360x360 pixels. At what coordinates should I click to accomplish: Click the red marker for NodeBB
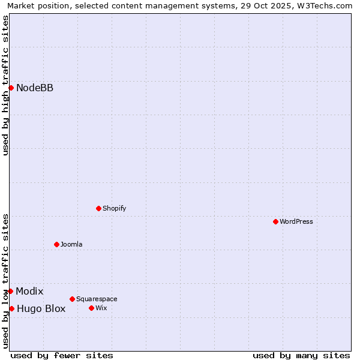pyautogui.click(x=11, y=88)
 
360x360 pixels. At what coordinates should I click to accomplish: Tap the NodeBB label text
pyautogui.click(x=35, y=88)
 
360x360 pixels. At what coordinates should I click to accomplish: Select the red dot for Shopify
pyautogui.click(x=98, y=208)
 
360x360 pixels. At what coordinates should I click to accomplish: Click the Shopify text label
pyautogui.click(x=114, y=209)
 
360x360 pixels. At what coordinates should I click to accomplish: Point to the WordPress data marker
pyautogui.click(x=275, y=221)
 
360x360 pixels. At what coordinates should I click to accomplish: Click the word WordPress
pyautogui.click(x=296, y=222)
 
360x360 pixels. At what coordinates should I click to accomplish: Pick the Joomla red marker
pyautogui.click(x=56, y=244)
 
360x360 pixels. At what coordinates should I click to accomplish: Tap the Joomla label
pyautogui.click(x=71, y=245)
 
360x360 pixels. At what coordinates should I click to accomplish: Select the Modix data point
pyautogui.click(x=10, y=291)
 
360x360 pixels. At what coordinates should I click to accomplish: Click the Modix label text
pyautogui.click(x=29, y=292)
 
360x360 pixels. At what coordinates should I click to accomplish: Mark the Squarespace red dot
pyautogui.click(x=72, y=299)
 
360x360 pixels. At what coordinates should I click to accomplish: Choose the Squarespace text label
pyautogui.click(x=97, y=299)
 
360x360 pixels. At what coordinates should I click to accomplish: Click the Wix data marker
pyautogui.click(x=91, y=308)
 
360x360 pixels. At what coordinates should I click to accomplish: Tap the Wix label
pyautogui.click(x=101, y=308)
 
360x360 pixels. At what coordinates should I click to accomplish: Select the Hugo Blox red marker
pyautogui.click(x=11, y=308)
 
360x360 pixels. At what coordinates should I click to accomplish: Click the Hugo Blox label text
pyautogui.click(x=41, y=309)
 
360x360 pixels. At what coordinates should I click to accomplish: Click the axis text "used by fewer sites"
pyautogui.click(x=62, y=355)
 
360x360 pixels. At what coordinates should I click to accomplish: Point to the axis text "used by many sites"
pyautogui.click(x=301, y=355)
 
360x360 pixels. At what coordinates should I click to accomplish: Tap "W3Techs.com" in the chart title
pyautogui.click(x=327, y=6)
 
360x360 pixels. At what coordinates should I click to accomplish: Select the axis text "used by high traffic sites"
pyautogui.click(x=5, y=85)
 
